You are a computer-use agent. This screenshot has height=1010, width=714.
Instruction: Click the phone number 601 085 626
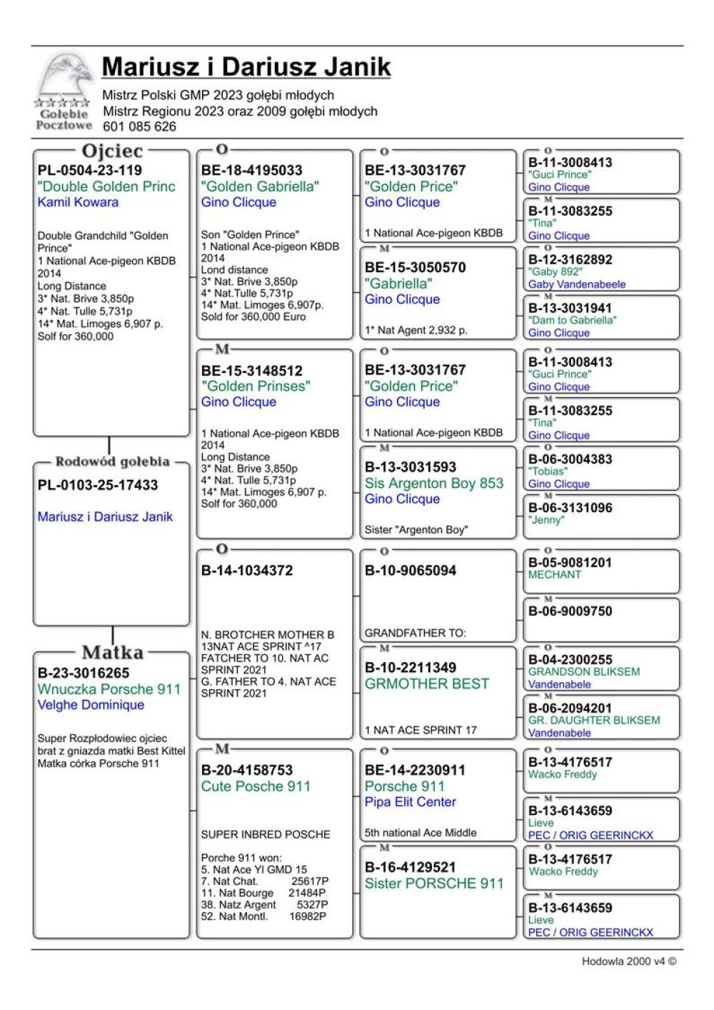click(x=139, y=127)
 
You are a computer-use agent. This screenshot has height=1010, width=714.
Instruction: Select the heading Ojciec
click(x=112, y=151)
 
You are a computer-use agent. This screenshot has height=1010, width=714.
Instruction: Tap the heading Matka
click(x=112, y=652)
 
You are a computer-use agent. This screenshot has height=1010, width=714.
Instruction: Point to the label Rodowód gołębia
click(x=112, y=461)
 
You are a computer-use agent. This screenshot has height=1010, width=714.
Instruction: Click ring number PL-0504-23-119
click(x=90, y=171)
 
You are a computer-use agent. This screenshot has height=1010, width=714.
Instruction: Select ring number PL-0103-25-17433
click(x=98, y=485)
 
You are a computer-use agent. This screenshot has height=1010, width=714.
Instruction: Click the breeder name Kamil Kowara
click(x=78, y=202)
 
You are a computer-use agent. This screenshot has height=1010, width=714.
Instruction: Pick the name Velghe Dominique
click(x=91, y=705)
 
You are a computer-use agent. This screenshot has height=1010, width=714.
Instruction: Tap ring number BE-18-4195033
click(x=251, y=171)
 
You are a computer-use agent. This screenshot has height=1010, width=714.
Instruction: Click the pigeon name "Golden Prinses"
click(x=256, y=386)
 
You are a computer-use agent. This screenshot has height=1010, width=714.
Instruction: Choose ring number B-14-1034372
click(x=247, y=571)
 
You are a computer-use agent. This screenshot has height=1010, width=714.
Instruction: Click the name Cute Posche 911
click(x=256, y=786)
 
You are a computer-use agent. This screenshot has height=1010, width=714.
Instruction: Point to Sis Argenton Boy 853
click(x=434, y=484)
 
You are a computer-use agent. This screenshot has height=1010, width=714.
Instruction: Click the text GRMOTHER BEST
click(x=427, y=684)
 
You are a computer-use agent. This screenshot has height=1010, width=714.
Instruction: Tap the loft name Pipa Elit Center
click(x=410, y=802)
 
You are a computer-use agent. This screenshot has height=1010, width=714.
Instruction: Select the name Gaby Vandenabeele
click(x=577, y=284)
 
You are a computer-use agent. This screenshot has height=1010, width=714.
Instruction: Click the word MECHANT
click(x=555, y=575)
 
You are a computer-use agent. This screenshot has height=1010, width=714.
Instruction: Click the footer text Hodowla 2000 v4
click(x=628, y=961)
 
